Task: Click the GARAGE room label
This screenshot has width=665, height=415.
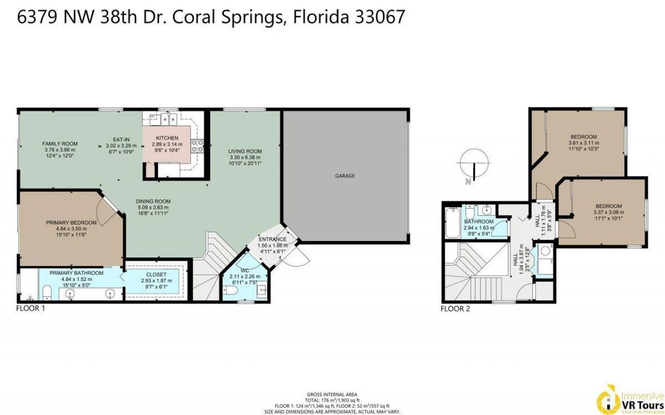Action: click(344, 176)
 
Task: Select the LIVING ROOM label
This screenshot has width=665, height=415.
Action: click(244, 151)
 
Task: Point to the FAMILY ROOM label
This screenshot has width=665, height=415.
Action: click(60, 144)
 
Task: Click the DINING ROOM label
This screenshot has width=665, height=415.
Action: click(153, 201)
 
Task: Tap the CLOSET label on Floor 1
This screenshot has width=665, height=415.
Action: click(156, 274)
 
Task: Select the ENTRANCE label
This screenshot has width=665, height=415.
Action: click(273, 239)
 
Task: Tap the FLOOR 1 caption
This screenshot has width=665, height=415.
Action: click(31, 308)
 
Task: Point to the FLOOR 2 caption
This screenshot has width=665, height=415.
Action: click(455, 308)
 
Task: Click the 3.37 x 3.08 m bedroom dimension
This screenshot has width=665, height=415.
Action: click(608, 212)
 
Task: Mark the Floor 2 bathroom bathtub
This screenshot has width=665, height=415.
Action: click(451, 223)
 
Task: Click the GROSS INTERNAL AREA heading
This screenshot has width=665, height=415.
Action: click(332, 395)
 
